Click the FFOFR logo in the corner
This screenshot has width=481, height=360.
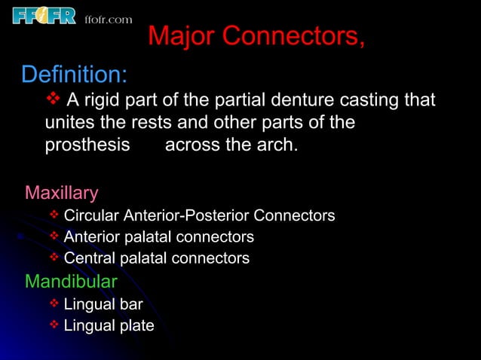[44, 15]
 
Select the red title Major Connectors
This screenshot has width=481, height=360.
[256, 36]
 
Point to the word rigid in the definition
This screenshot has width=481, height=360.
[101, 100]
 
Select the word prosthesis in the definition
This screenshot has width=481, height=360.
[87, 144]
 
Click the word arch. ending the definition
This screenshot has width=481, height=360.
[276, 144]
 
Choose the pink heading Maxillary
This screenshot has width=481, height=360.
[61, 193]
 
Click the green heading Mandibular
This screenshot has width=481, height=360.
[71, 282]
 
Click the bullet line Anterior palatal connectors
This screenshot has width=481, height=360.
[158, 237]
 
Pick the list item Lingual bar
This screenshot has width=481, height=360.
[103, 304]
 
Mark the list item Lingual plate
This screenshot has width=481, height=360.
[109, 325]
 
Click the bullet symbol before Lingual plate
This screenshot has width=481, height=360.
[54, 325]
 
